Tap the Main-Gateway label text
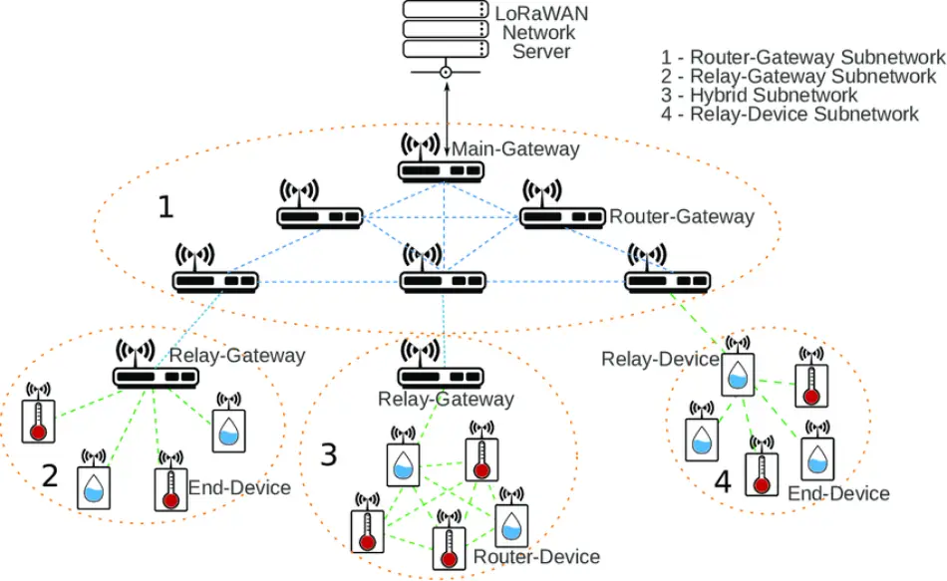[x=515, y=148]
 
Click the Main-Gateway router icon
[x=441, y=158]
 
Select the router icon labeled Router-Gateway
[x=562, y=204]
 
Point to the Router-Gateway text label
[x=681, y=216]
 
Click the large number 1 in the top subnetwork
[x=165, y=206]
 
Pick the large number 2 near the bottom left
[x=50, y=475]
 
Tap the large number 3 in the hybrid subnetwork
[x=328, y=454]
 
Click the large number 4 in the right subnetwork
[x=723, y=482]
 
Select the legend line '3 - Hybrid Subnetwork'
[x=759, y=95]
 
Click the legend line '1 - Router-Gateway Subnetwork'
[x=802, y=57]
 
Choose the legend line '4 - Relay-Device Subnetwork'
[x=789, y=114]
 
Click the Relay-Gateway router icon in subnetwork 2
[x=156, y=364]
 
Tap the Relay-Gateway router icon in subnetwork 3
[x=441, y=364]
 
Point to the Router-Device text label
[x=536, y=556]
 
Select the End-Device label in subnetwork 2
[x=239, y=487]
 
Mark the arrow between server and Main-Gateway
[x=447, y=119]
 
